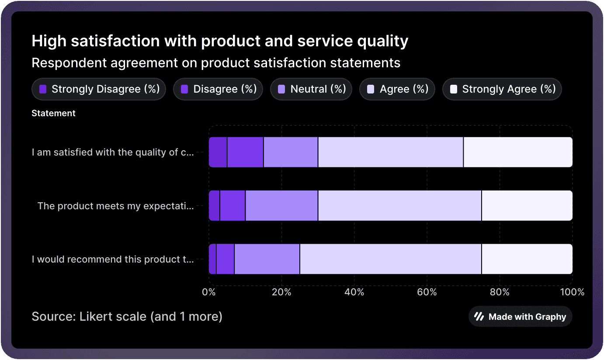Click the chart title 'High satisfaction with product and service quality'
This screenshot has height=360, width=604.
[x=220, y=42]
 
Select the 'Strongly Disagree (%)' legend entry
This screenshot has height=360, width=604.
[x=99, y=89]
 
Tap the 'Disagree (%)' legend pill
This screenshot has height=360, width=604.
[x=218, y=89]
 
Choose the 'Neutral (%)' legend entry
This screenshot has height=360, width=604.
[x=311, y=89]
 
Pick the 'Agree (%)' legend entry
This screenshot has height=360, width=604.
[x=397, y=89]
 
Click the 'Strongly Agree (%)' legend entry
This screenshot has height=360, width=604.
[x=502, y=89]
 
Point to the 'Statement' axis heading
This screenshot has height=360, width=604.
[x=53, y=113]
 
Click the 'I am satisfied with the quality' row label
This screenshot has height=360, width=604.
[x=113, y=152]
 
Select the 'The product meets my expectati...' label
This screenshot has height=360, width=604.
[x=115, y=206]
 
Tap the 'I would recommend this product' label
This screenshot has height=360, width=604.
[x=113, y=260]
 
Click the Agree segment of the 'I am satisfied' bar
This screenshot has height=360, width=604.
[x=391, y=152]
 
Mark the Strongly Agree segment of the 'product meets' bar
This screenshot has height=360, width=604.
[x=527, y=206]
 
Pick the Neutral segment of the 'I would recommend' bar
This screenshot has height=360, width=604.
[x=267, y=259]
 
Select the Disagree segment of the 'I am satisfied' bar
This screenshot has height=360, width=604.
[x=245, y=152]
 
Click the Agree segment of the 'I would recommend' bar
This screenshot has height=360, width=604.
[x=391, y=259]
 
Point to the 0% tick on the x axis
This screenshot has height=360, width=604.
[x=208, y=292]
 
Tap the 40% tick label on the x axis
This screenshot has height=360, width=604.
[x=354, y=292]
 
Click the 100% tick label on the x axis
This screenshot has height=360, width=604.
[x=572, y=292]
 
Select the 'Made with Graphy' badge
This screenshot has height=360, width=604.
[x=520, y=317]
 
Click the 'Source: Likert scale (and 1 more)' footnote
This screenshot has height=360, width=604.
[x=127, y=316]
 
